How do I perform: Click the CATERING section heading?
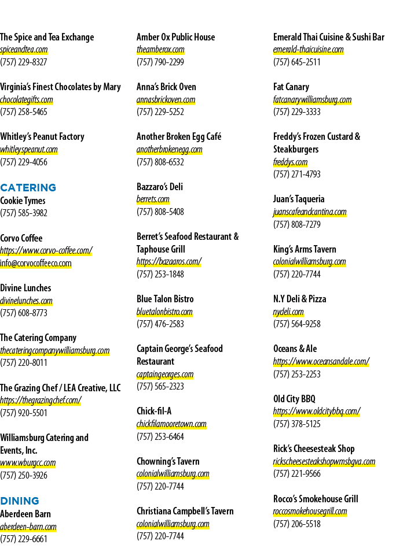coord(28,188)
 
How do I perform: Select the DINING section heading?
coord(19,501)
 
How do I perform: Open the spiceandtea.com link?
coord(24,50)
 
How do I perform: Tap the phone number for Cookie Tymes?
coord(24,213)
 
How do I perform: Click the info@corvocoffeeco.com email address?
coord(36,264)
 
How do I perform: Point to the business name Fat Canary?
coord(291,87)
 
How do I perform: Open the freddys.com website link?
coord(290,162)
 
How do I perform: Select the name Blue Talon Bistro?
coord(165,299)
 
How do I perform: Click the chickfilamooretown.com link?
coord(171,424)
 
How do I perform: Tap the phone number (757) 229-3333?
coord(297,112)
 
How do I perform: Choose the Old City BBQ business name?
coord(294,399)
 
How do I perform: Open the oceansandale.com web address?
coord(321,362)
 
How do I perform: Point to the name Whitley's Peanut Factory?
coord(42,136)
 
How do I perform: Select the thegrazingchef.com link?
coord(41,400)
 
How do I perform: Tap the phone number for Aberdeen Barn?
coord(24,539)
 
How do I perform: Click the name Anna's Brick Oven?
coord(166,87)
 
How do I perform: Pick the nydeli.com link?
coord(288,312)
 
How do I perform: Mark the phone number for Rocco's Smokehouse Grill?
coord(297,524)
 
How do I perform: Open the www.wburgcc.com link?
coord(28,462)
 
